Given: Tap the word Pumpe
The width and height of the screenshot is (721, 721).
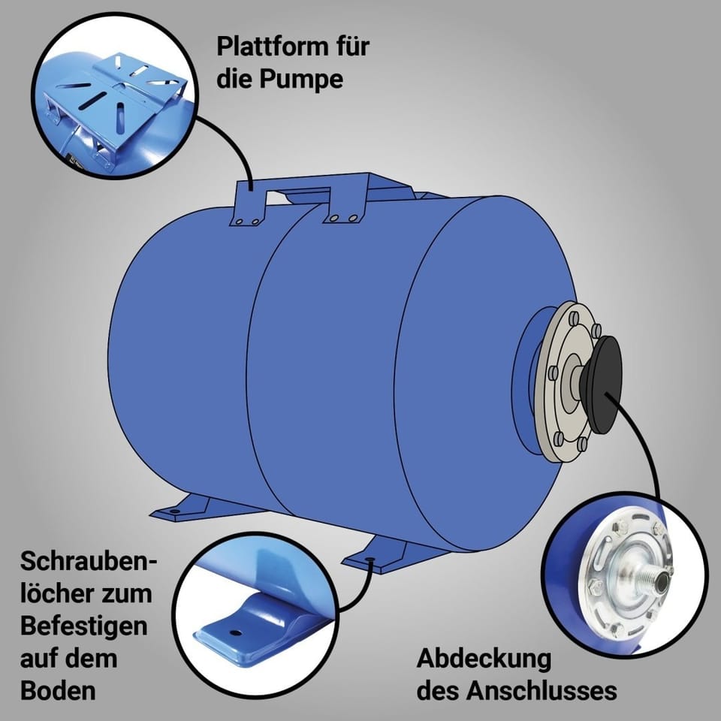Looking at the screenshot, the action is click(x=301, y=80).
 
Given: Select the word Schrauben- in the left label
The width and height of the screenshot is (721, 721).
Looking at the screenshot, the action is click(x=89, y=562).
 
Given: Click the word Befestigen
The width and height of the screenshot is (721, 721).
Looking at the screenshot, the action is click(x=84, y=627).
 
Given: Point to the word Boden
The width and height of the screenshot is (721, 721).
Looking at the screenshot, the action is click(x=58, y=691).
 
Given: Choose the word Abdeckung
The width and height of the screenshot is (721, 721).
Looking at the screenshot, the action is click(x=484, y=659).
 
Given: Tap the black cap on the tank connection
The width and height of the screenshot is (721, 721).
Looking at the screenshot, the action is click(x=602, y=384).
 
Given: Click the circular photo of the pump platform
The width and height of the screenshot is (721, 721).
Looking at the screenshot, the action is click(x=115, y=95).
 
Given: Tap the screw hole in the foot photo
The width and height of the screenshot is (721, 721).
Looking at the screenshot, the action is click(x=235, y=632).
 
